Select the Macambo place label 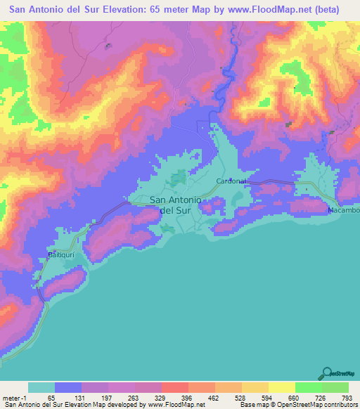(x=343, y=210)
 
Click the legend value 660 (x=294, y=398)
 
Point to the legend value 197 (x=108, y=398)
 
